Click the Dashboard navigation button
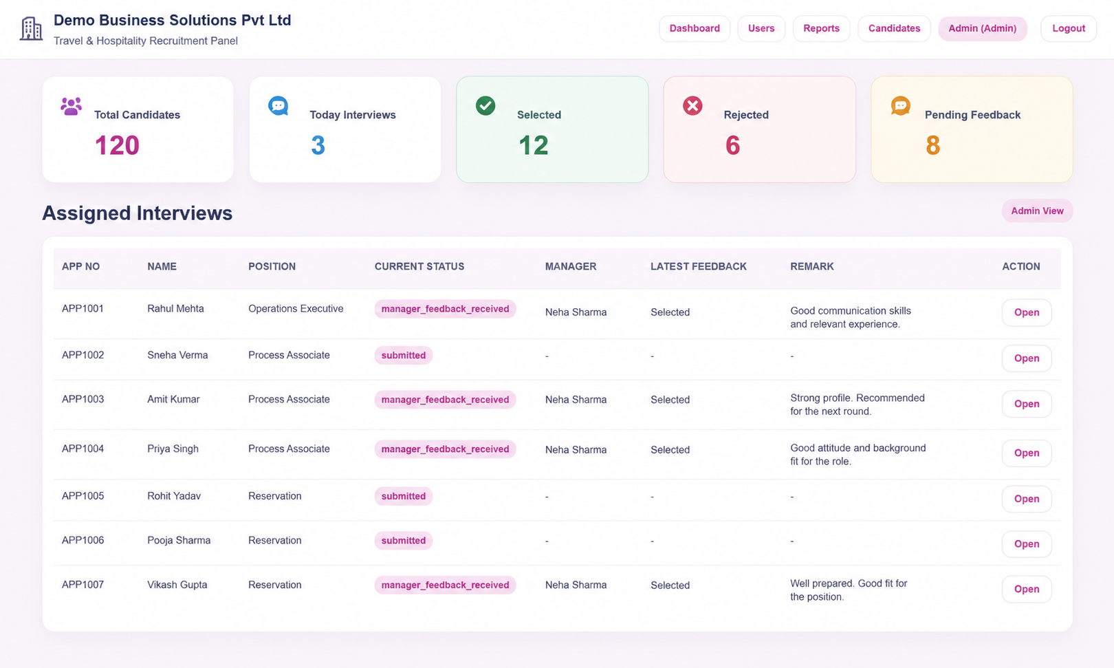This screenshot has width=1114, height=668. (x=695, y=28)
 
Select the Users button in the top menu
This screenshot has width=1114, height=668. (x=761, y=28)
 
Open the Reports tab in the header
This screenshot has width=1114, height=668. (x=821, y=28)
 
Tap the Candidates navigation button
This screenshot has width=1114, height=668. (x=894, y=28)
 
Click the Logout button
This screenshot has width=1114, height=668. (x=1068, y=28)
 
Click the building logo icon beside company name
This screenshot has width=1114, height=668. (x=31, y=28)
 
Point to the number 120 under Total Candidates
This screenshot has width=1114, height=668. (x=117, y=145)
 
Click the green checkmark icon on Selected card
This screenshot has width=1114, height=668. (x=485, y=105)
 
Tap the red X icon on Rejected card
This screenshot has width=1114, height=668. (x=692, y=105)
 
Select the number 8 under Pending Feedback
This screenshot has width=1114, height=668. (x=932, y=145)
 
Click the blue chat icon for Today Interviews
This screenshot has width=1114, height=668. (x=278, y=105)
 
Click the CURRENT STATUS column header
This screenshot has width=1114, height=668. (x=419, y=267)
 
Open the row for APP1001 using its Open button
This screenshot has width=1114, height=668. (x=1027, y=312)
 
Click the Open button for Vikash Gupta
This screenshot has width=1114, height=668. (x=1027, y=589)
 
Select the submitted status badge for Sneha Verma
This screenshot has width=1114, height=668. (x=404, y=355)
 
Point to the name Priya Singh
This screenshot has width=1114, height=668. (x=173, y=449)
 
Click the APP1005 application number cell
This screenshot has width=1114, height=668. (x=83, y=496)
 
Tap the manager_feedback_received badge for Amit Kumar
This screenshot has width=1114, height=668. (x=445, y=400)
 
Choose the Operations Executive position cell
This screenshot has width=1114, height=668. (x=296, y=308)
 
